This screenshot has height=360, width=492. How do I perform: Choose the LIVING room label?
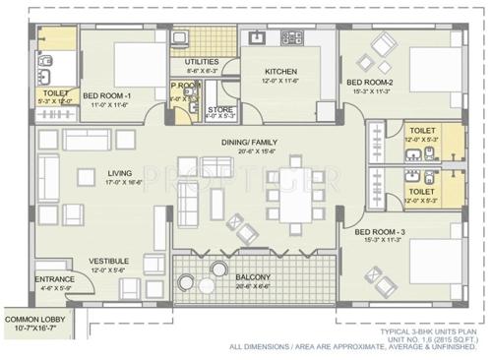119,172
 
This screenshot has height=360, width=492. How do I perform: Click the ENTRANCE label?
54,279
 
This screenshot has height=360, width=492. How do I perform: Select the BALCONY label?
253,278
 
